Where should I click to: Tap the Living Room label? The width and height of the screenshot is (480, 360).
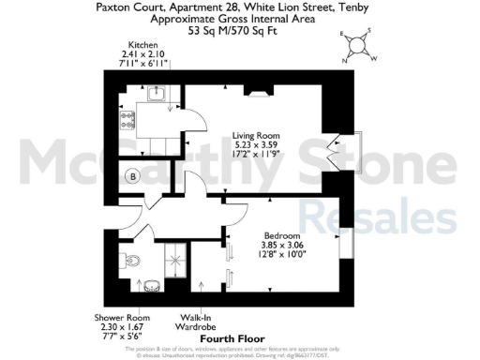(256, 136)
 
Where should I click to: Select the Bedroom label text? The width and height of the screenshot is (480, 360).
(281, 234)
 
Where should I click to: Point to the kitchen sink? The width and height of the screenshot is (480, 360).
(157, 92)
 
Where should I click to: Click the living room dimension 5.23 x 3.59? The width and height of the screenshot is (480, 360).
(256, 145)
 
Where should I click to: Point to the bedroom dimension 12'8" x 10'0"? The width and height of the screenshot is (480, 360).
(281, 253)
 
